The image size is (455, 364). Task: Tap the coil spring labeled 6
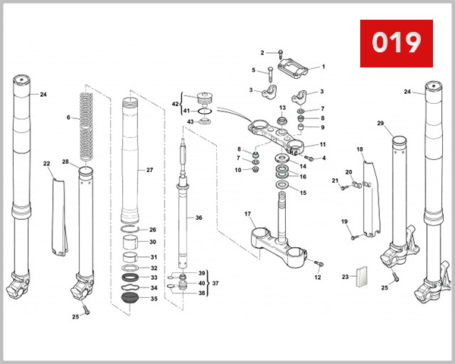pos(86,125)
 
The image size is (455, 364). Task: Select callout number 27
pos(149,171)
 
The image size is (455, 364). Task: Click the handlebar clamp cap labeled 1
pos(297,72)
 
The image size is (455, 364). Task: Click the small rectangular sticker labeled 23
pos(362,277)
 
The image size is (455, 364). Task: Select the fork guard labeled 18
pos(369,197)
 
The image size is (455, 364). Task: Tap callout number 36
pos(199,218)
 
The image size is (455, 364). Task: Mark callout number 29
pos(381,124)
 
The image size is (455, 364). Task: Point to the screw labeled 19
pos(353,237)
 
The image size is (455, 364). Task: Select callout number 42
pos(174,104)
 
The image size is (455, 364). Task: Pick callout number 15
pos(303,193)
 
